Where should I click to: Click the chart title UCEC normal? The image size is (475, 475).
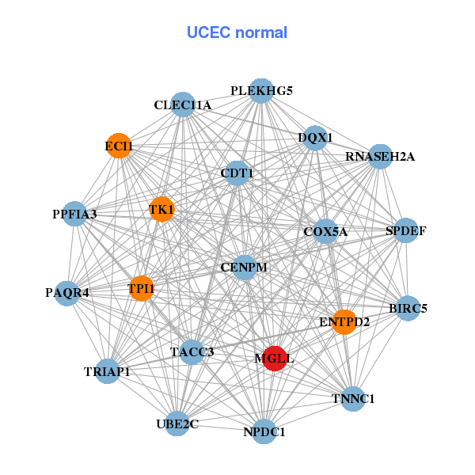click(x=237, y=32)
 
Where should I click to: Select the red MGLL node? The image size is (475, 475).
click(x=274, y=358)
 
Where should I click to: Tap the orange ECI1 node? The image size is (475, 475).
click(x=119, y=146)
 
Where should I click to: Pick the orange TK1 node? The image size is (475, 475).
click(x=161, y=209)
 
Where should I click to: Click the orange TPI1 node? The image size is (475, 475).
click(x=141, y=289)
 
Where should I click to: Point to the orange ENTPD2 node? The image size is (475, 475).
click(x=344, y=321)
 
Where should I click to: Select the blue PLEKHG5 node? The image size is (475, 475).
click(x=261, y=91)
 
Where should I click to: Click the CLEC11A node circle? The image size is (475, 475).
click(x=183, y=105)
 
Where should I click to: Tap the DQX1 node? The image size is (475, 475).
click(x=315, y=138)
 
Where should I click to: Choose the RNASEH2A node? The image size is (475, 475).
click(x=379, y=156)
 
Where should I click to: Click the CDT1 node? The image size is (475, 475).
click(x=237, y=173)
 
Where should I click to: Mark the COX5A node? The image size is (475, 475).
click(x=325, y=231)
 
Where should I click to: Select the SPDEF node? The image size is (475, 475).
click(x=406, y=231)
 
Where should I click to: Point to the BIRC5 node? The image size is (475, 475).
click(x=408, y=308)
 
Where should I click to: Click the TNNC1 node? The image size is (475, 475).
click(x=353, y=398)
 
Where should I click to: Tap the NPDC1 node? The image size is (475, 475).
click(x=264, y=431)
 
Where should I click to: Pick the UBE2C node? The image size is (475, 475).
click(x=177, y=424)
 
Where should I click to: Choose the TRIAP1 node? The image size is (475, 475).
click(x=107, y=370)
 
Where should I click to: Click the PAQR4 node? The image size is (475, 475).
click(x=67, y=292)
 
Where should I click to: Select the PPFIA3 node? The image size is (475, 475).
click(x=74, y=214)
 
